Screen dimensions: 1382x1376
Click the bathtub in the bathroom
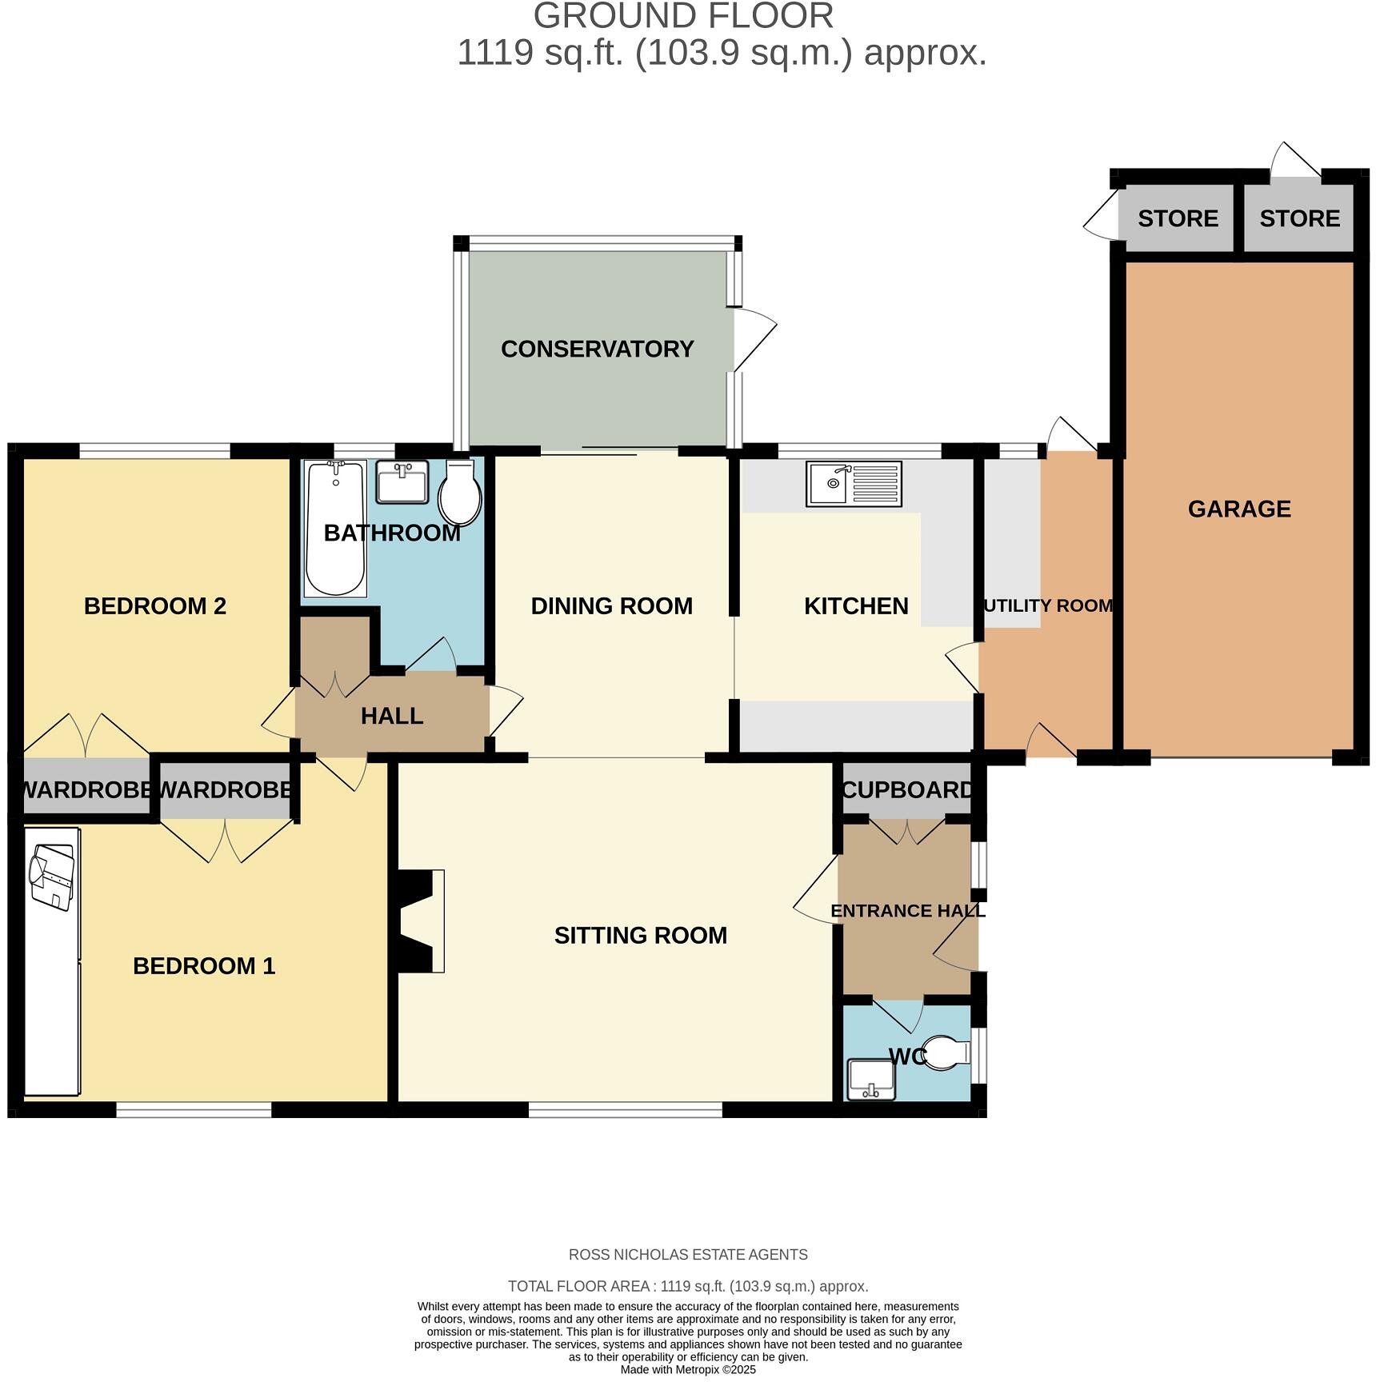point(335,529)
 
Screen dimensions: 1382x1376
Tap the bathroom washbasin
point(402,482)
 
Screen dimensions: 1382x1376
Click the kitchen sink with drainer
point(854,484)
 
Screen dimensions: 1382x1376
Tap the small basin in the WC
point(871,1079)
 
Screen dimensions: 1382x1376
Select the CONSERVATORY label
point(597,349)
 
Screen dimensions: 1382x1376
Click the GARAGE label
point(1238,509)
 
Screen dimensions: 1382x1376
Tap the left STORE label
point(1178,218)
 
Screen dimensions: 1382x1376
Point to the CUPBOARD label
point(907,790)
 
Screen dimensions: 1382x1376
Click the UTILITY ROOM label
point(1047,605)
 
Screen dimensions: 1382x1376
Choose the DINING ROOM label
point(611,605)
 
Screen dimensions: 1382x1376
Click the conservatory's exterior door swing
point(754,340)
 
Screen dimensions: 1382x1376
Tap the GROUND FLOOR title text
point(683,16)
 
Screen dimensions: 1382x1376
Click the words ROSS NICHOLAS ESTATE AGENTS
point(688,1255)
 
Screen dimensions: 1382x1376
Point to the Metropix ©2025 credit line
point(688,1369)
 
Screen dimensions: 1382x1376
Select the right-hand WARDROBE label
point(226,790)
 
